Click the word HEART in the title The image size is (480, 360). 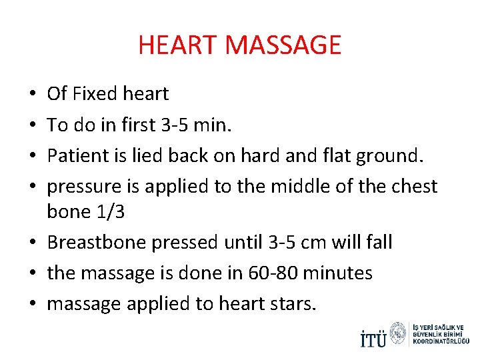tap(178, 45)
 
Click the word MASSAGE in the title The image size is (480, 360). tap(283, 45)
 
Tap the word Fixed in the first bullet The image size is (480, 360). tap(96, 94)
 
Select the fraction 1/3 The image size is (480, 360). tap(109, 211)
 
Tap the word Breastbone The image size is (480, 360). tap(97, 242)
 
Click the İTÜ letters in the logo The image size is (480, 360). tap(373, 339)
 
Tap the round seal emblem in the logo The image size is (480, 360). tap(399, 333)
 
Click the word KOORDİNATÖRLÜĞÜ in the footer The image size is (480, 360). tap(441, 341)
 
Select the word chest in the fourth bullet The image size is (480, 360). tap(413, 187)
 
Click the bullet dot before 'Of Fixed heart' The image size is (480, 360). tap(33, 94)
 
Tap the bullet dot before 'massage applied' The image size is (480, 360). tap(33, 303)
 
